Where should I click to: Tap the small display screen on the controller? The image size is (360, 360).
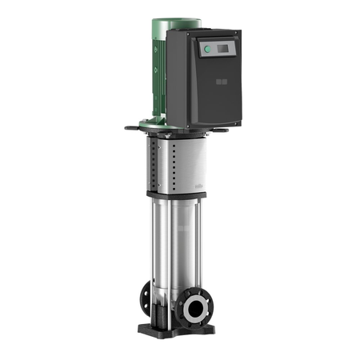point(218,50)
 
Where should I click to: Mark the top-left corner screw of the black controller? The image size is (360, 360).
point(191,36)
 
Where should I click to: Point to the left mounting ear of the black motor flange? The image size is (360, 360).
point(130,125)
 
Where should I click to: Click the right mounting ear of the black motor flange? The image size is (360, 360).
point(235,128)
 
